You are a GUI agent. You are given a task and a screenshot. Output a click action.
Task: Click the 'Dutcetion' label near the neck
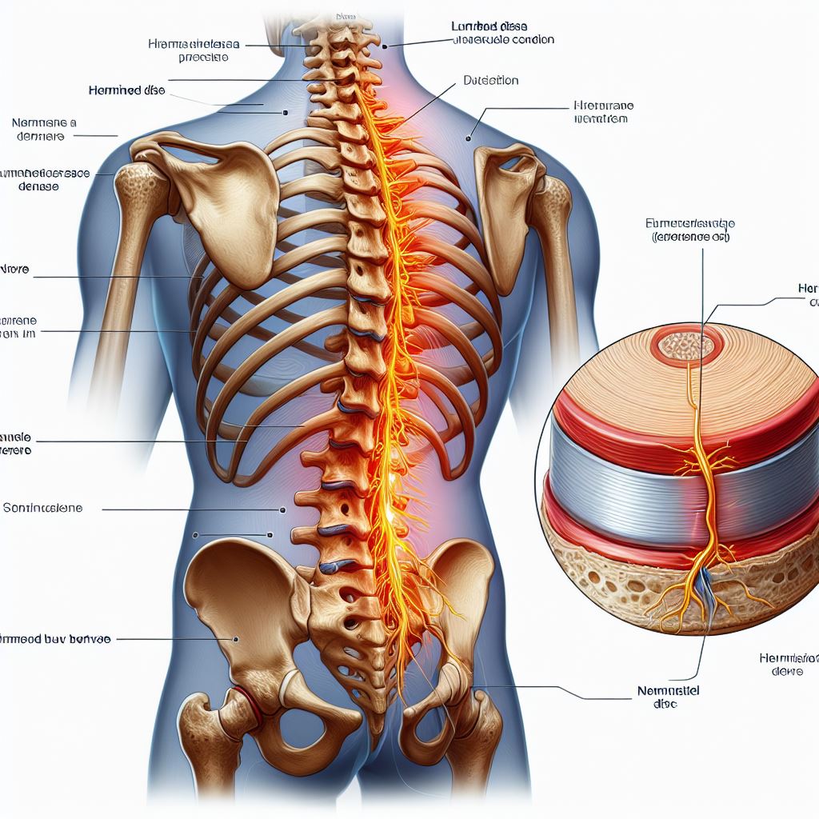(x=490, y=81)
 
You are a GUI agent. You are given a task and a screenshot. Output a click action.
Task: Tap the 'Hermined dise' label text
(x=126, y=91)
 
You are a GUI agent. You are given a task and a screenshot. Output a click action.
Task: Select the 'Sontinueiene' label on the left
(x=47, y=508)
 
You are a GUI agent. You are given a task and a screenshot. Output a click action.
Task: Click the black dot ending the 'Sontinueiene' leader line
(x=282, y=509)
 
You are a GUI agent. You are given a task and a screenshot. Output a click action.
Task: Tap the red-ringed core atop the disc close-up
(x=685, y=346)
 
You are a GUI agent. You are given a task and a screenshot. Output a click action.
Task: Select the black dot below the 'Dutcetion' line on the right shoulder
(x=466, y=138)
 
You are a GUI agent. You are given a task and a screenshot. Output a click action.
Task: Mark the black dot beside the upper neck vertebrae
(x=385, y=46)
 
